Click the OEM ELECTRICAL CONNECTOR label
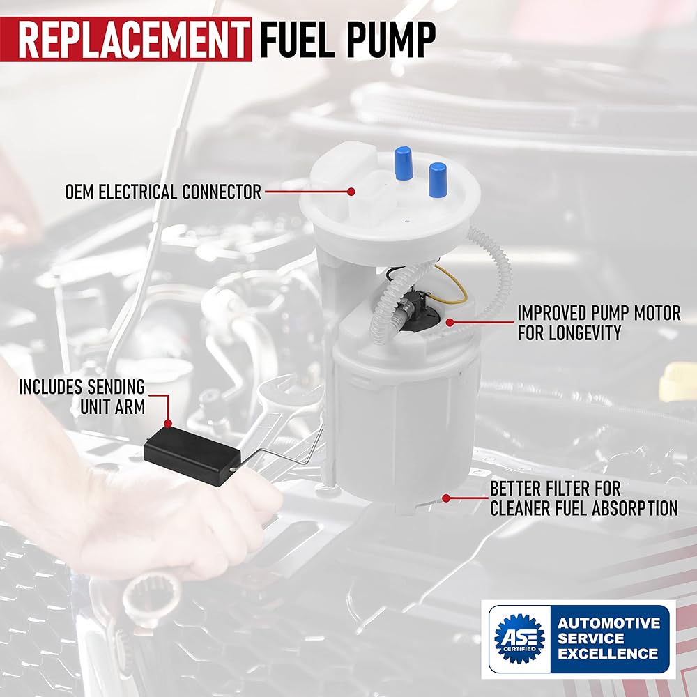pyautogui.click(x=163, y=192)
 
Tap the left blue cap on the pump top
pyautogui.click(x=403, y=163)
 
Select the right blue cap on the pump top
pyautogui.click(x=438, y=178)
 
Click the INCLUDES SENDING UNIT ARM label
pyautogui.click(x=82, y=396)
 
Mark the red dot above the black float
pyautogui.click(x=168, y=422)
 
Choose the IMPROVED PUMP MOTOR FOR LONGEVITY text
pyautogui.click(x=598, y=323)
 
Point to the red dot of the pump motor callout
pyautogui.click(x=450, y=323)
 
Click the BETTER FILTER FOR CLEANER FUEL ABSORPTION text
pyautogui.click(x=583, y=498)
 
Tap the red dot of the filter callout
pyautogui.click(x=445, y=498)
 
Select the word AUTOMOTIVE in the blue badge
pyautogui.click(x=608, y=622)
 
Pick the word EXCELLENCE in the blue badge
pyautogui.click(x=608, y=654)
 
